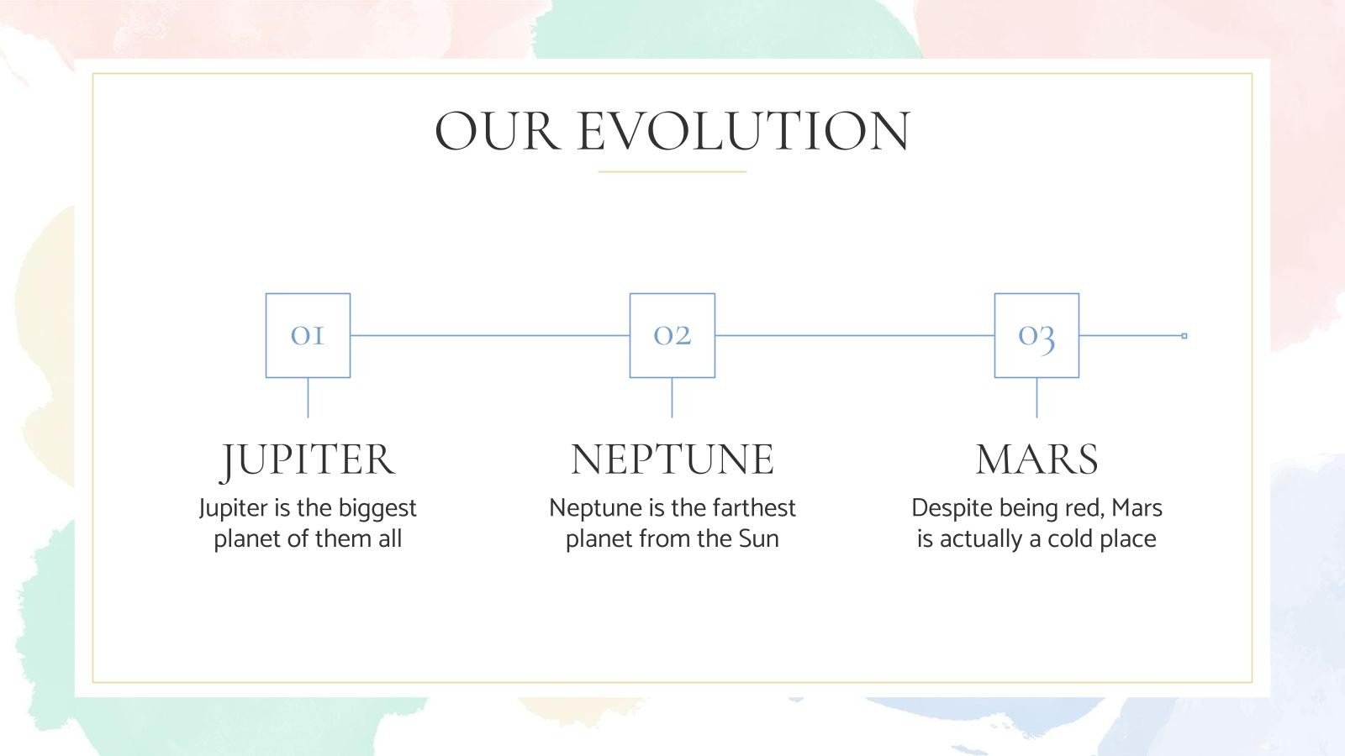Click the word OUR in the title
pos(496,132)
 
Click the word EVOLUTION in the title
pos(743,132)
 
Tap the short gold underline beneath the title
pos(672,172)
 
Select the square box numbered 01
pos(308,335)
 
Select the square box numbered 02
pos(672,335)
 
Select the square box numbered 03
pos(1036,335)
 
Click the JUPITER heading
pos(308,459)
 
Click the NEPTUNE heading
pos(672,459)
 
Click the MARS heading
pos(1036,459)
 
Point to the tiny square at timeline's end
pos(1184,336)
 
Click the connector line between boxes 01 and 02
pos(489,336)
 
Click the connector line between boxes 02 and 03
pos(854,336)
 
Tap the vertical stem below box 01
pos(308,397)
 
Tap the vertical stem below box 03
pos(1036,397)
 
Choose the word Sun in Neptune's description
pos(758,538)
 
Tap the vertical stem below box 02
pos(672,397)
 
